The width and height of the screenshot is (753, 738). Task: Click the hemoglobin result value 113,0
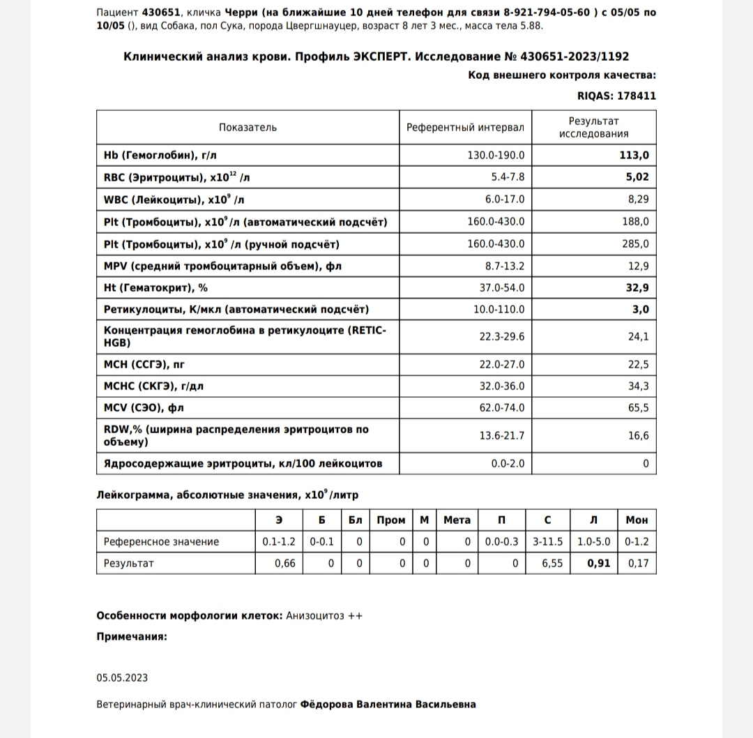[634, 155]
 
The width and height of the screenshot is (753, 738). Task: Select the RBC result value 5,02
[637, 177]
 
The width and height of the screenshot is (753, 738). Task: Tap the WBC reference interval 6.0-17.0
[505, 199]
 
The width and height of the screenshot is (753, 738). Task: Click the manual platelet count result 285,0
[636, 243]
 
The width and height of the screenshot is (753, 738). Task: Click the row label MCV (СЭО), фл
[144, 408]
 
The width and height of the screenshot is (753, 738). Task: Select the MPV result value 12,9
[638, 266]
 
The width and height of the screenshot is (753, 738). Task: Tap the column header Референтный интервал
[465, 127]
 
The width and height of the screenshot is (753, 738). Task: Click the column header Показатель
[248, 127]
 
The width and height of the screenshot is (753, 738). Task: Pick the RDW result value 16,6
[638, 436]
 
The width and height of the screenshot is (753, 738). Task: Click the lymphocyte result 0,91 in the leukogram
[598, 563]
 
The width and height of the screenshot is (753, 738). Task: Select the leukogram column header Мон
[637, 520]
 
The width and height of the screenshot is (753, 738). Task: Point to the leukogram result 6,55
[552, 563]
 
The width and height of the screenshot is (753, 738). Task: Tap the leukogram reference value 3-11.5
[547, 541]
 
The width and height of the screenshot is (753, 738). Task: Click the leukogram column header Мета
[457, 520]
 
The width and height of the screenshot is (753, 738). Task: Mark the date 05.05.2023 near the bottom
[122, 678]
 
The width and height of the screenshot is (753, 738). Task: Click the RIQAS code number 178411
[632, 96]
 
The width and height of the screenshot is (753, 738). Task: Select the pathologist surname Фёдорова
[327, 705]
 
